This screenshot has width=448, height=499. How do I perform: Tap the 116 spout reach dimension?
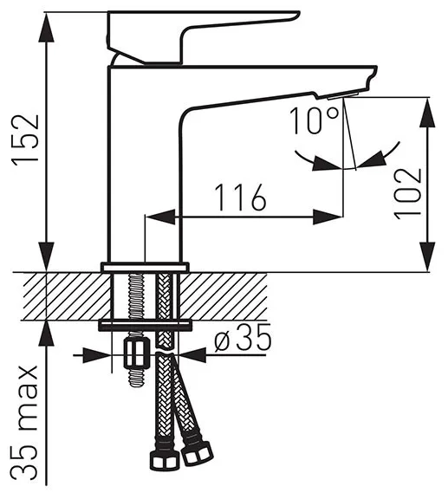coord(241,198)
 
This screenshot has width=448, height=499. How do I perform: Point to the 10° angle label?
coord(314,121)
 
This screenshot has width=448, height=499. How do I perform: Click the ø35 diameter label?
coord(243,338)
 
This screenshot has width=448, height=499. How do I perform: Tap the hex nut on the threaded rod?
coord(137,353)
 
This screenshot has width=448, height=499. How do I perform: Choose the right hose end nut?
coord(198,453)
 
